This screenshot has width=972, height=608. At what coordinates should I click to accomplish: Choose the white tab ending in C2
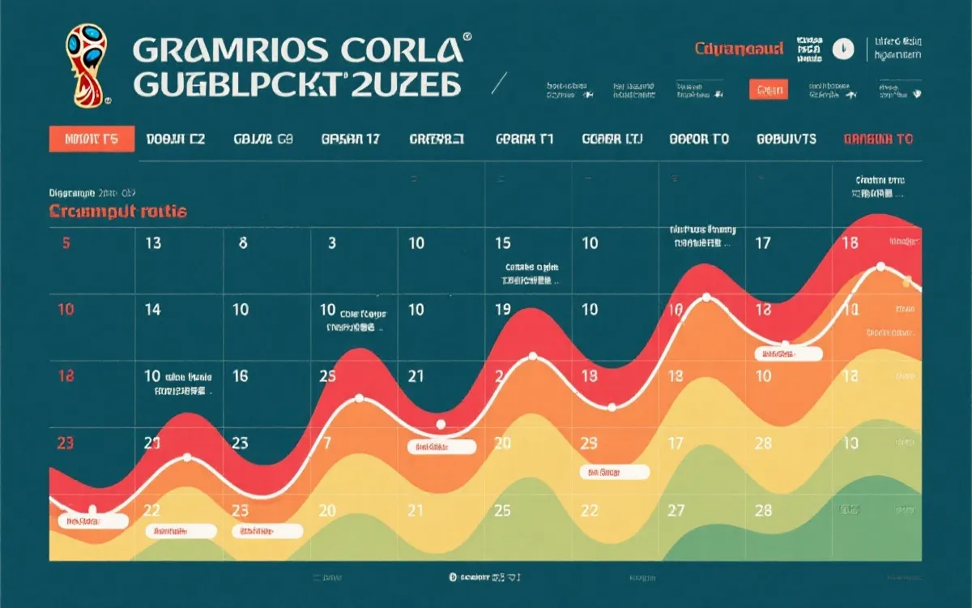tap(176, 139)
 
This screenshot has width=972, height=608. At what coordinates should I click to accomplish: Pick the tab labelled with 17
tap(351, 139)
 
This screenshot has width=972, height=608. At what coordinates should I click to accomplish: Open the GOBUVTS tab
tap(786, 139)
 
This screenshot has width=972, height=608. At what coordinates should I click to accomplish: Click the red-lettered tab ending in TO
tap(878, 139)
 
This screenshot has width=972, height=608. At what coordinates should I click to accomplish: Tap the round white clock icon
tap(843, 49)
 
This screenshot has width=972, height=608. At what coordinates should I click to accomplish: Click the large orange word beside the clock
tap(739, 49)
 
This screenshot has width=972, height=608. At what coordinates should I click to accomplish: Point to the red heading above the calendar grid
tap(118, 212)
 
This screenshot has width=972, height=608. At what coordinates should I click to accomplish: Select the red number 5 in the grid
tap(66, 242)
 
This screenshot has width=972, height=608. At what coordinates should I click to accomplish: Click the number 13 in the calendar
tap(152, 242)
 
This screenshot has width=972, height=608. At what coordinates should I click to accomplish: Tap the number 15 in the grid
tap(502, 242)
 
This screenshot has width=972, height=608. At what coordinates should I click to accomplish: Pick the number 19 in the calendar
tap(502, 309)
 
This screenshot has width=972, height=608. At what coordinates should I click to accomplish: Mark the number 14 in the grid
tap(152, 309)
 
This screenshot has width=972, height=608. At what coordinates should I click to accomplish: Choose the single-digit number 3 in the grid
tap(332, 242)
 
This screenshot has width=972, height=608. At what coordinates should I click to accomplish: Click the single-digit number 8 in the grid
tap(243, 242)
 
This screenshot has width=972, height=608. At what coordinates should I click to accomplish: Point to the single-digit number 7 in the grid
tap(326, 443)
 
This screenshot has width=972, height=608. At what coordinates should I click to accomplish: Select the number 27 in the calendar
tap(676, 510)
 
